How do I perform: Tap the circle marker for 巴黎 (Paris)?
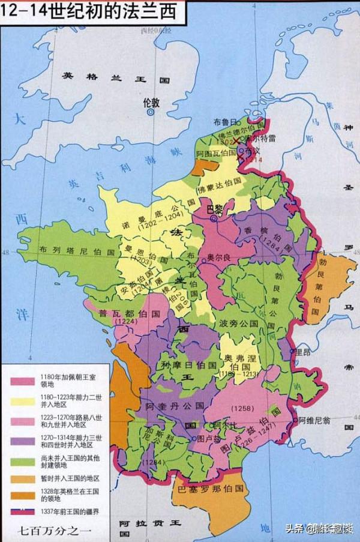tap(214, 220)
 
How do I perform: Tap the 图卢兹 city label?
tap(208, 439)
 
